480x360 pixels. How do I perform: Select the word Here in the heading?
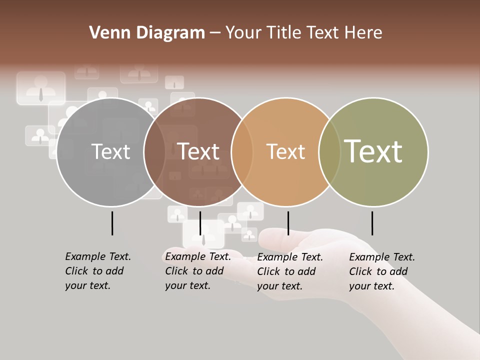tap(363, 32)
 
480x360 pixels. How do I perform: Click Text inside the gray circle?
tap(110, 152)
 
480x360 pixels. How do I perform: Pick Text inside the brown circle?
tap(198, 152)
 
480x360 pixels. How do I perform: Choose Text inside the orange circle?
tap(285, 152)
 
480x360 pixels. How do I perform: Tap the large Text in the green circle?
tap(373, 151)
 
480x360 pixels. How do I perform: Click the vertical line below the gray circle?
tap(112, 223)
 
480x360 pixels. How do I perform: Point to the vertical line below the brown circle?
tap(200, 223)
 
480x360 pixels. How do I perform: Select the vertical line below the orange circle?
tap(288, 223)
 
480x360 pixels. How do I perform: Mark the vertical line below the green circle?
tap(372, 223)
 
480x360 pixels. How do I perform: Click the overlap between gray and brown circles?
tap(155, 152)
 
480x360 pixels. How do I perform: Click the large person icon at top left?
tap(41, 88)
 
